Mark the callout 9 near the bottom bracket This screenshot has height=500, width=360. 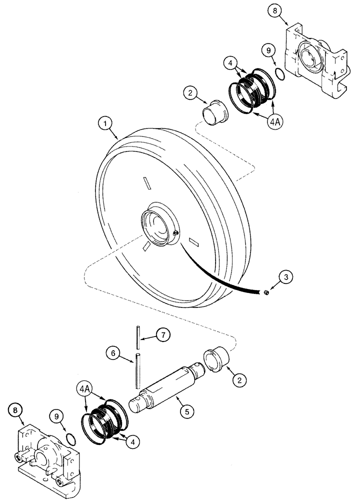tap(56, 415)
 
